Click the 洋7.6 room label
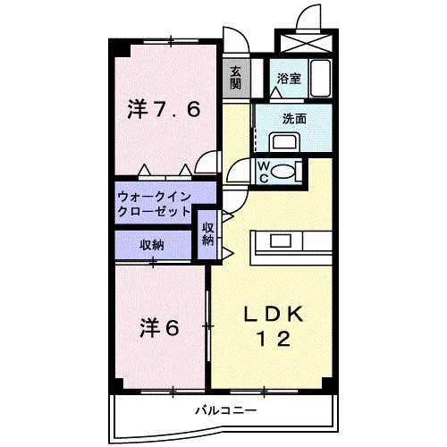pyautogui.click(x=164, y=109)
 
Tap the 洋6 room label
pyautogui.click(x=160, y=328)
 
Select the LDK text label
pyautogui.click(x=274, y=314)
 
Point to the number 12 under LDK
pyautogui.click(x=274, y=340)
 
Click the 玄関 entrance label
pyautogui.click(x=235, y=79)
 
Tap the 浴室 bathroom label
pyautogui.click(x=289, y=79)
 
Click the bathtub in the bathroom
pyautogui.click(x=321, y=78)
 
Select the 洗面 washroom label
pyautogui.click(x=294, y=119)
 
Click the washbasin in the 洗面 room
pyautogui.click(x=284, y=142)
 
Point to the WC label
pyautogui.click(x=264, y=172)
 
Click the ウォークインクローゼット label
pyautogui.click(x=154, y=204)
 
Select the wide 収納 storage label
pyautogui.click(x=152, y=246)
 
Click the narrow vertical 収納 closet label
pyautogui.click(x=208, y=234)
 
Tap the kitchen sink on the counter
pyautogui.click(x=281, y=240)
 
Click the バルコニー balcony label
pyautogui.click(x=226, y=411)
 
